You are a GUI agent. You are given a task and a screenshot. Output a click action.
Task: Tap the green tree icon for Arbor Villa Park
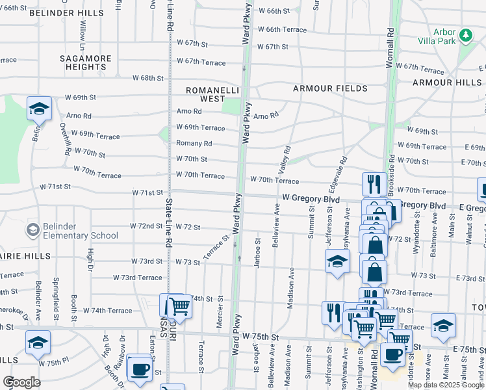pos(465,35)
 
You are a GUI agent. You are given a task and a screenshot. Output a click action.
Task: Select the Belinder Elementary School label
pos(73,230)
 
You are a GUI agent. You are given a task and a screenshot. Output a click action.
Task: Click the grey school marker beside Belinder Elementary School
pos(32,230)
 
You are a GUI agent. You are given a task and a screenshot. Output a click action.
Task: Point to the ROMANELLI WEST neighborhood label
pos(205,94)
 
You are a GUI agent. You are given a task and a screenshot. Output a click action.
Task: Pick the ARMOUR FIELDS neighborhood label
pos(330,88)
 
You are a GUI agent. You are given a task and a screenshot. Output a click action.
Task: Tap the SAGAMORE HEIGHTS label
pos(86,62)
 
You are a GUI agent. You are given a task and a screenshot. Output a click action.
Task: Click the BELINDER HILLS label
pos(66,13)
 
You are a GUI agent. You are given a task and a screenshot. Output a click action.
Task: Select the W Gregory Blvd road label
pos(305,197)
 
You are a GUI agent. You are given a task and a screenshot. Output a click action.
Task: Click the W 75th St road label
pos(261,337)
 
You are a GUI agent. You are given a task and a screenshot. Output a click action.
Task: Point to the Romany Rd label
pos(194,144)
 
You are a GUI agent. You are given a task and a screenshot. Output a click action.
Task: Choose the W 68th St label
pos(148,78)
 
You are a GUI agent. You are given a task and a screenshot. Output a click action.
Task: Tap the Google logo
pos(21,382)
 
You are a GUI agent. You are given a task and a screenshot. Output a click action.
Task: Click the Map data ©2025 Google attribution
pos(446,385)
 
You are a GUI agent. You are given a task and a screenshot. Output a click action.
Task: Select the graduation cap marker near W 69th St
pos(39,109)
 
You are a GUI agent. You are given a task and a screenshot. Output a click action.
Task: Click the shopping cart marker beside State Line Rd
pos(179,305)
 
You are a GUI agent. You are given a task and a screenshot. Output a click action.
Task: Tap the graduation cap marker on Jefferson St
pos(337,262)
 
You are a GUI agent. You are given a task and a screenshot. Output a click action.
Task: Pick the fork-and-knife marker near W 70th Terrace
pos(374,184)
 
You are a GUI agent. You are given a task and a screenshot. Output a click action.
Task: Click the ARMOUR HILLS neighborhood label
pos(447,83)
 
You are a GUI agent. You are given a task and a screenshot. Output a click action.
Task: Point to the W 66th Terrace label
pos(282,30)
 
